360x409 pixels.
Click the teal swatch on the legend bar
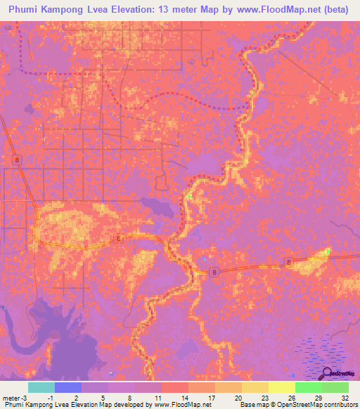tap(41, 387)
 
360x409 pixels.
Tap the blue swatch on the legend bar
tap(68, 387)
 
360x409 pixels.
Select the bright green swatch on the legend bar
tap(309, 387)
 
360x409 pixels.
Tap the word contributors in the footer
tap(338, 405)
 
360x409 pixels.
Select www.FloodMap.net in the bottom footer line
tap(184, 405)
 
